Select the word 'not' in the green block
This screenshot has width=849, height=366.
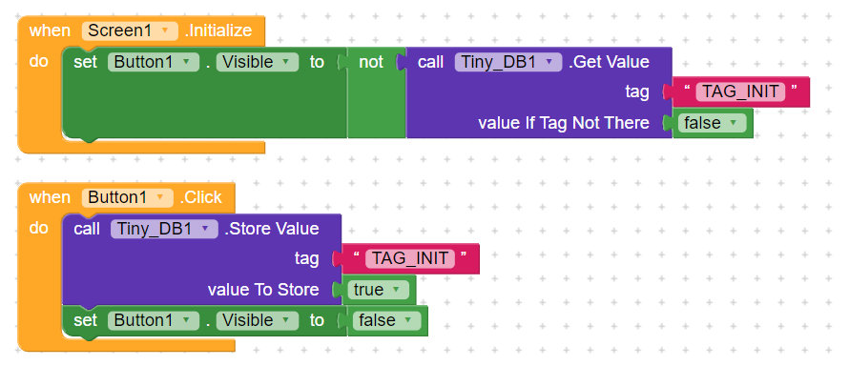(371, 62)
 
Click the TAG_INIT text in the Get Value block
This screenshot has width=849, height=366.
(740, 92)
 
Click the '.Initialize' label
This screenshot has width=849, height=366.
(218, 30)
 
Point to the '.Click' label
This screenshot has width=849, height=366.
(200, 197)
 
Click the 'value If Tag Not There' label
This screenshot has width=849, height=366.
(563, 123)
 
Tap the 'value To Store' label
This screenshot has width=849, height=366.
(263, 289)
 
